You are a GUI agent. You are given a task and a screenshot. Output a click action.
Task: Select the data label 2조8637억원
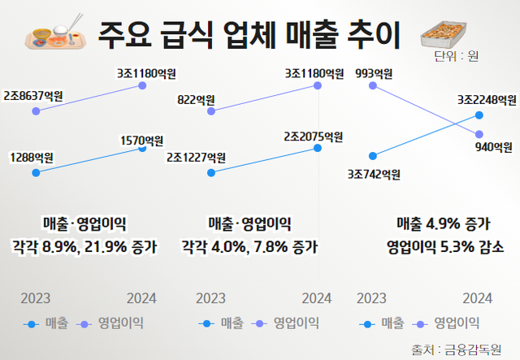(33, 96)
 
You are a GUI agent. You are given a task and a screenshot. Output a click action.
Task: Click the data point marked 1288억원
(35, 172)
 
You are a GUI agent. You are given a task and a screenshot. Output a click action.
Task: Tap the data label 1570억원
(143, 141)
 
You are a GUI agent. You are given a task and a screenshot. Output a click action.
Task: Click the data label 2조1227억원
(195, 158)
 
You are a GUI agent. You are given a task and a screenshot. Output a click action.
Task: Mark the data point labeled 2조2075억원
(318, 148)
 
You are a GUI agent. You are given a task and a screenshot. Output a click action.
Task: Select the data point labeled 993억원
(372, 85)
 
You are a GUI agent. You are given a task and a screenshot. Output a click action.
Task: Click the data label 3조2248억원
(487, 101)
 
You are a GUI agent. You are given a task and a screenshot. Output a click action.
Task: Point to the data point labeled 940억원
(479, 134)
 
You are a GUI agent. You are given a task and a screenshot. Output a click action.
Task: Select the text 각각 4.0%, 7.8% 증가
(249, 246)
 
